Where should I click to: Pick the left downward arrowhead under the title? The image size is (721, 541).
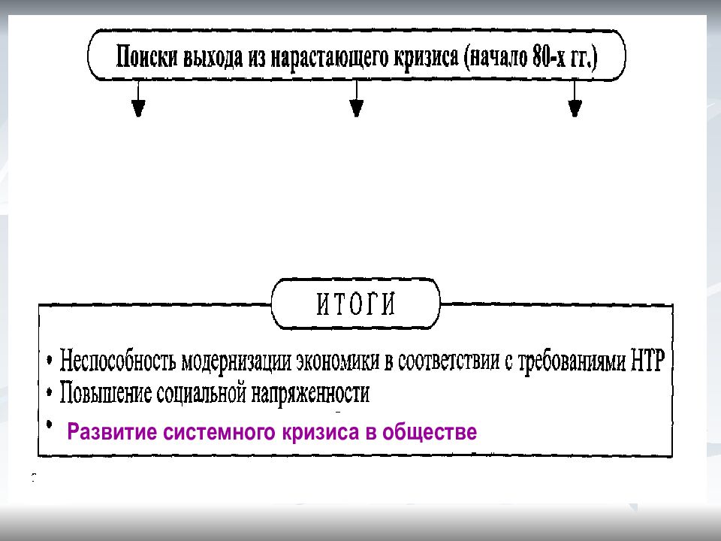pos(138,108)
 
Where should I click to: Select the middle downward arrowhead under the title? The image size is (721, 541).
pos(356,108)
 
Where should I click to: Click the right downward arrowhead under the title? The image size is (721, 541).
pos(575,108)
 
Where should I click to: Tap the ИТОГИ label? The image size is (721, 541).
pos(355,304)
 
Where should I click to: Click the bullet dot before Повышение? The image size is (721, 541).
pos(50,392)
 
